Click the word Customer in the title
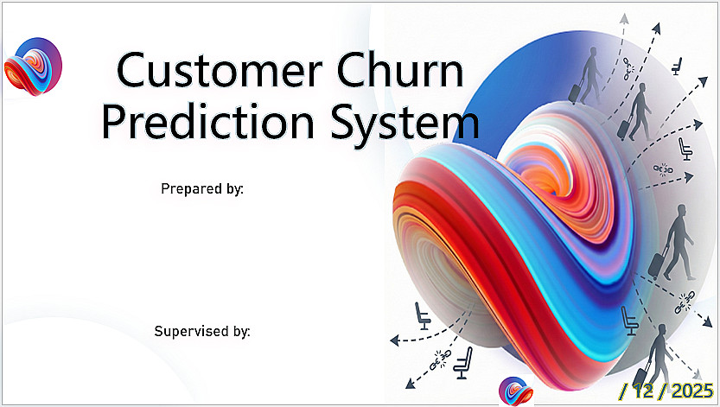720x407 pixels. [x=220, y=70]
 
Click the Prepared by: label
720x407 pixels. [x=202, y=188]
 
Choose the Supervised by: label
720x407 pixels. [x=202, y=331]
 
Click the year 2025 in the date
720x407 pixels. [x=692, y=391]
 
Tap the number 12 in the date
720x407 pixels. [x=644, y=391]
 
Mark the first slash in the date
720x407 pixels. [x=623, y=391]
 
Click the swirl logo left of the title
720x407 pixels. [x=33, y=67]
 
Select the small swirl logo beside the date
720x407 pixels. [x=516, y=391]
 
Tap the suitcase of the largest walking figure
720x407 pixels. [x=658, y=263]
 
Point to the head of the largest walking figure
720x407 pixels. [x=681, y=211]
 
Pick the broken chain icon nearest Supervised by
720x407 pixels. [x=440, y=359]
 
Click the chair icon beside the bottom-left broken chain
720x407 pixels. [x=463, y=364]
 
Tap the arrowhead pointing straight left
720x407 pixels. [x=394, y=340]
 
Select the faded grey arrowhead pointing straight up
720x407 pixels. [x=623, y=18]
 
